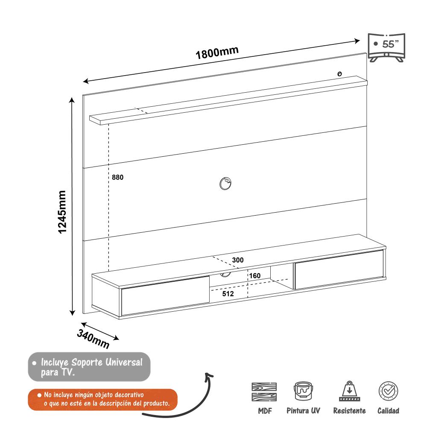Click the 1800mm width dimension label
(x=217, y=53)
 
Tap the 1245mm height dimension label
(x=63, y=212)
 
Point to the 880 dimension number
(x=117, y=178)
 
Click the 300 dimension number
(x=238, y=260)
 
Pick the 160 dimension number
(x=254, y=276)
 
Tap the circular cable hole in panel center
(x=225, y=184)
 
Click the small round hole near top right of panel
(x=339, y=74)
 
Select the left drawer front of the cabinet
(x=165, y=296)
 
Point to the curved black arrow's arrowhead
(x=209, y=375)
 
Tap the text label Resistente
(x=349, y=411)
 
